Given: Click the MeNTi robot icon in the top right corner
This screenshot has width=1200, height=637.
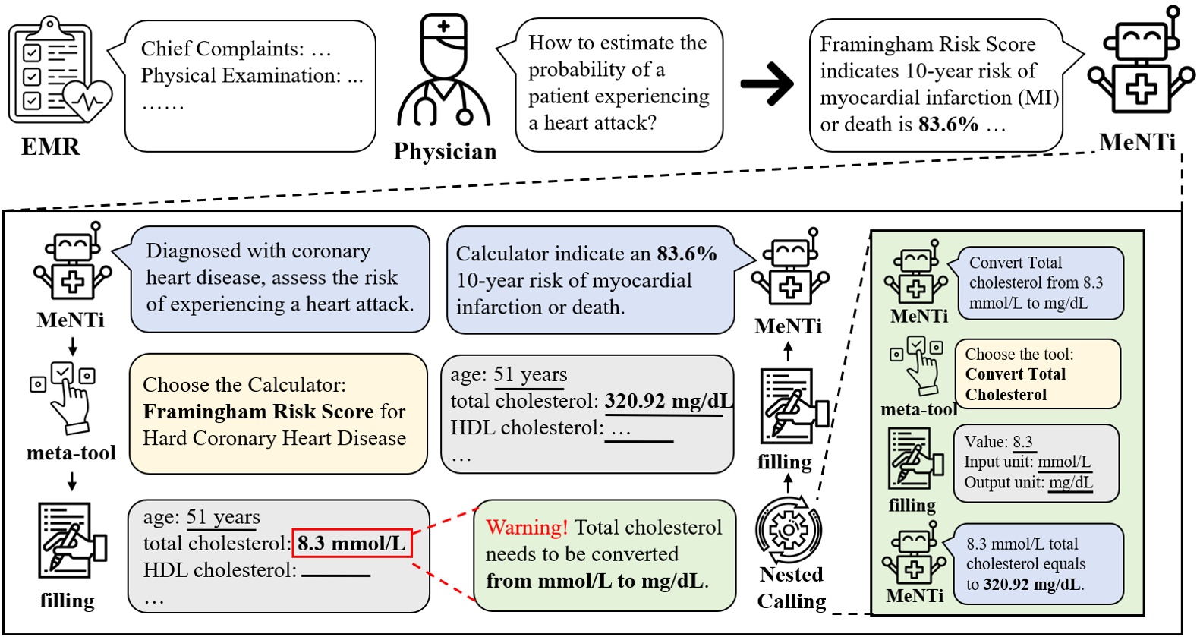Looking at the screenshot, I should (x=1140, y=68).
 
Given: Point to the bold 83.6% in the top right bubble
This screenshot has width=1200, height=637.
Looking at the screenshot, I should (x=947, y=125).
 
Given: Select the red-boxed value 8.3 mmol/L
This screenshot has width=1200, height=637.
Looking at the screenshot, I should (x=351, y=544).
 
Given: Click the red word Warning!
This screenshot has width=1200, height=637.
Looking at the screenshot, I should (x=527, y=527).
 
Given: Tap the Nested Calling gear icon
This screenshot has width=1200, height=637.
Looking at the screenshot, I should (x=789, y=529).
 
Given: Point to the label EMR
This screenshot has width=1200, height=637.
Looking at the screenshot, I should (x=50, y=146).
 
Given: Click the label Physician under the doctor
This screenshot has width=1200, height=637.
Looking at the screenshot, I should (x=445, y=152).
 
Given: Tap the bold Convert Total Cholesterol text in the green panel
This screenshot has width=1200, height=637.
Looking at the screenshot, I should (x=1015, y=384).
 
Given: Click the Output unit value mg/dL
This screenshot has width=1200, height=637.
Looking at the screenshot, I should (x=1071, y=482).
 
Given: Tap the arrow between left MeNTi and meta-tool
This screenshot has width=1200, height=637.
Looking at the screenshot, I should (x=73, y=346).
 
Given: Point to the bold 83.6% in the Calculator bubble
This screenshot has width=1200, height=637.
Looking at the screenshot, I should (x=686, y=254).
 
